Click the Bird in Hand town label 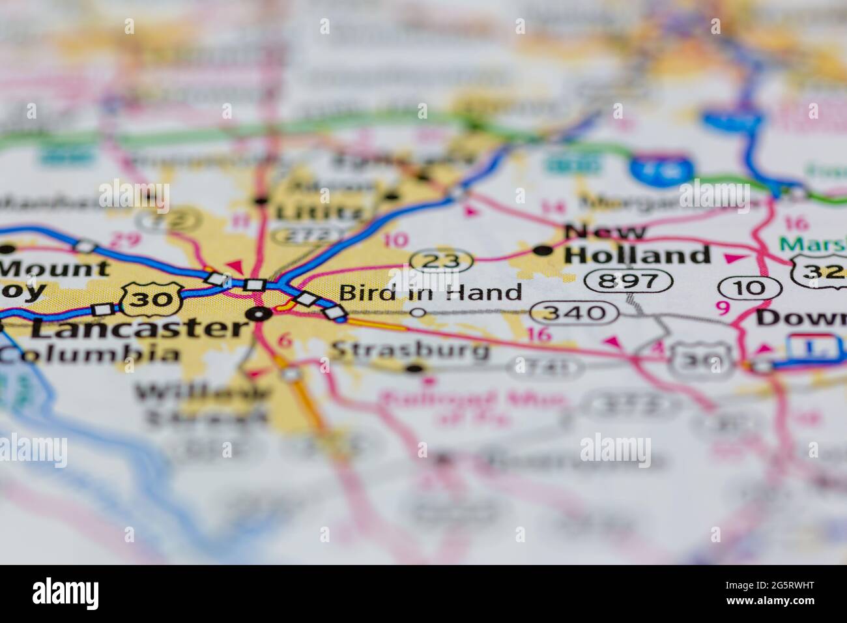(431, 293)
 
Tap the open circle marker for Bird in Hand (419, 313)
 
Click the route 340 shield (574, 313)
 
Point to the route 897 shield (628, 282)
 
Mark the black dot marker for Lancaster (261, 315)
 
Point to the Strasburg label (410, 351)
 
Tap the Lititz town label (317, 212)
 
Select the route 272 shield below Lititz (308, 236)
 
